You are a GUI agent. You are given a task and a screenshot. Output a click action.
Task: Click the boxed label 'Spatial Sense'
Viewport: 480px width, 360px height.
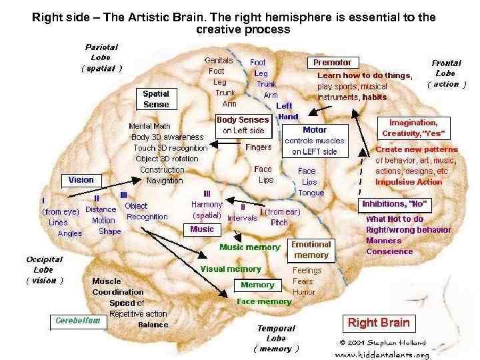coord(156,99)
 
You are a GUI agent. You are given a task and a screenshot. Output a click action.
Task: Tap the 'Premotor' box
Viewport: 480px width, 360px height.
coord(332,63)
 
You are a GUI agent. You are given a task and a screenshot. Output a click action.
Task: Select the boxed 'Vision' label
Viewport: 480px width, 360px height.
coord(81,180)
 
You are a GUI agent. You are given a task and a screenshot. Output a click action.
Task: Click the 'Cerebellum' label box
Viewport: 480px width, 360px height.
coord(78,321)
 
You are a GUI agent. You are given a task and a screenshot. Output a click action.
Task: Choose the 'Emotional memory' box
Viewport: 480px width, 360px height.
coord(311,250)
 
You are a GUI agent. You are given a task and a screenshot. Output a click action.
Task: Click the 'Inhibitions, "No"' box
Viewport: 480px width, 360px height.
coord(395,203)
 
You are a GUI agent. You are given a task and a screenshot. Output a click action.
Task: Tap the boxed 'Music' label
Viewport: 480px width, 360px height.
coord(202,229)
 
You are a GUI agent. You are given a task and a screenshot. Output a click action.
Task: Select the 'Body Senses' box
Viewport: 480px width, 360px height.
coord(243,125)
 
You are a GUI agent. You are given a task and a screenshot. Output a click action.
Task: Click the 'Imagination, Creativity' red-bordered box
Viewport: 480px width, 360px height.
coord(413,127)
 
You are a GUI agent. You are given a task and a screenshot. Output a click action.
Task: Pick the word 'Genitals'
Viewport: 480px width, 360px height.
coord(219,60)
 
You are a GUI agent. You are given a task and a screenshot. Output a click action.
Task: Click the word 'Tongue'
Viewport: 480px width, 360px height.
coord(311,193)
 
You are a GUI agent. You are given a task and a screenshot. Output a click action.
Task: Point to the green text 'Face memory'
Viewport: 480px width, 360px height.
coord(264,301)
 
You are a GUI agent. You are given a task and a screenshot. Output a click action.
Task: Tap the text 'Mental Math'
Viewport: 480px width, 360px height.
coord(149,125)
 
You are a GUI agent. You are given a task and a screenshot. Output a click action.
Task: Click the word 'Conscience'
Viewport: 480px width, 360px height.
coord(389,251)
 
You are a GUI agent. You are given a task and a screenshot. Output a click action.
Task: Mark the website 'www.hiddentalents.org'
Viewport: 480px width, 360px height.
coord(381,354)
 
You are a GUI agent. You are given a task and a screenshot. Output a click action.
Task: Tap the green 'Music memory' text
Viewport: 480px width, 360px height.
coord(250,247)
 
